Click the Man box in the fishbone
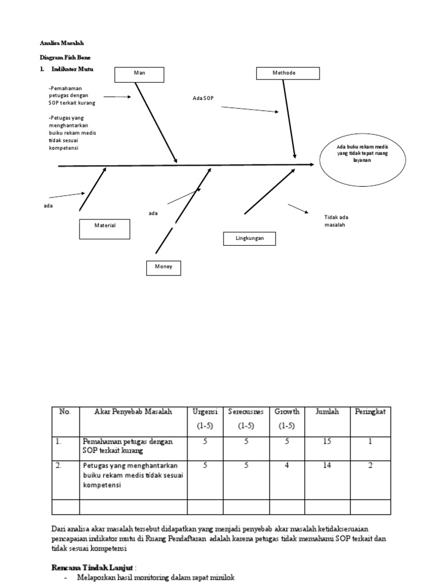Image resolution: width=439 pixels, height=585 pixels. click(139, 74)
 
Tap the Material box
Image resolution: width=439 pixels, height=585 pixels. click(105, 229)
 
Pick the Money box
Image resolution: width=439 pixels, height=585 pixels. click(163, 267)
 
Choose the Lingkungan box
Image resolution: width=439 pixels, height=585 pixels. click(249, 238)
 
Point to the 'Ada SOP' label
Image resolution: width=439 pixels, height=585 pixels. click(202, 99)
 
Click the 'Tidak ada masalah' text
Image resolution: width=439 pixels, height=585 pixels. click(336, 221)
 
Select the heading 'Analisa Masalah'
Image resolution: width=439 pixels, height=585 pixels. click(62, 43)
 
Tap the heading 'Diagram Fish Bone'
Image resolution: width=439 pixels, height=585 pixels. click(65, 58)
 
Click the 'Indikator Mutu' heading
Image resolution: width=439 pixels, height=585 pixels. click(71, 69)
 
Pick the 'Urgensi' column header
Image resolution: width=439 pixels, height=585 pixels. click(205, 412)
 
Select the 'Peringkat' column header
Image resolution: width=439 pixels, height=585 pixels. click(370, 412)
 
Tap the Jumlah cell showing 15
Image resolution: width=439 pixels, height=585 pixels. click(326, 442)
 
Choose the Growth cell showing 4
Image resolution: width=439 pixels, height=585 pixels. click(288, 466)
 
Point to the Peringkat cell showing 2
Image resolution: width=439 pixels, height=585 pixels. click(370, 466)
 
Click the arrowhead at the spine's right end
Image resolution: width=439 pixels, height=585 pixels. click(312, 165)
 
